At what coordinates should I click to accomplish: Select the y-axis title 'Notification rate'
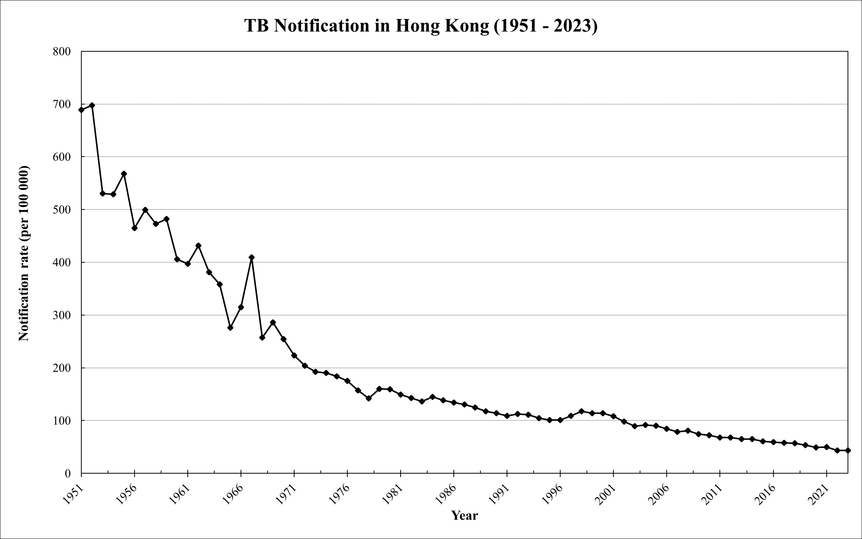coord(24,254)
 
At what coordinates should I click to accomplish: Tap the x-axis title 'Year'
coord(464,515)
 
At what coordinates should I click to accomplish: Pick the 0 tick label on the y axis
coord(68,474)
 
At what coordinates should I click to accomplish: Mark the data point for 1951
coord(81,110)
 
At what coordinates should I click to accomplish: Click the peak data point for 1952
coord(92,105)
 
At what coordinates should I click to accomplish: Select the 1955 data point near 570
coord(124,174)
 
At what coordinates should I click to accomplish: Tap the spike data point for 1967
coord(252,257)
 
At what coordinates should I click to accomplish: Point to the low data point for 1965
coord(230,328)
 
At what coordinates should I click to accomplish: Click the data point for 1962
coord(198,246)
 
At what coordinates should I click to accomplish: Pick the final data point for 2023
coord(848,450)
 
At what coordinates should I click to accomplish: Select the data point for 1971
coord(294,355)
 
